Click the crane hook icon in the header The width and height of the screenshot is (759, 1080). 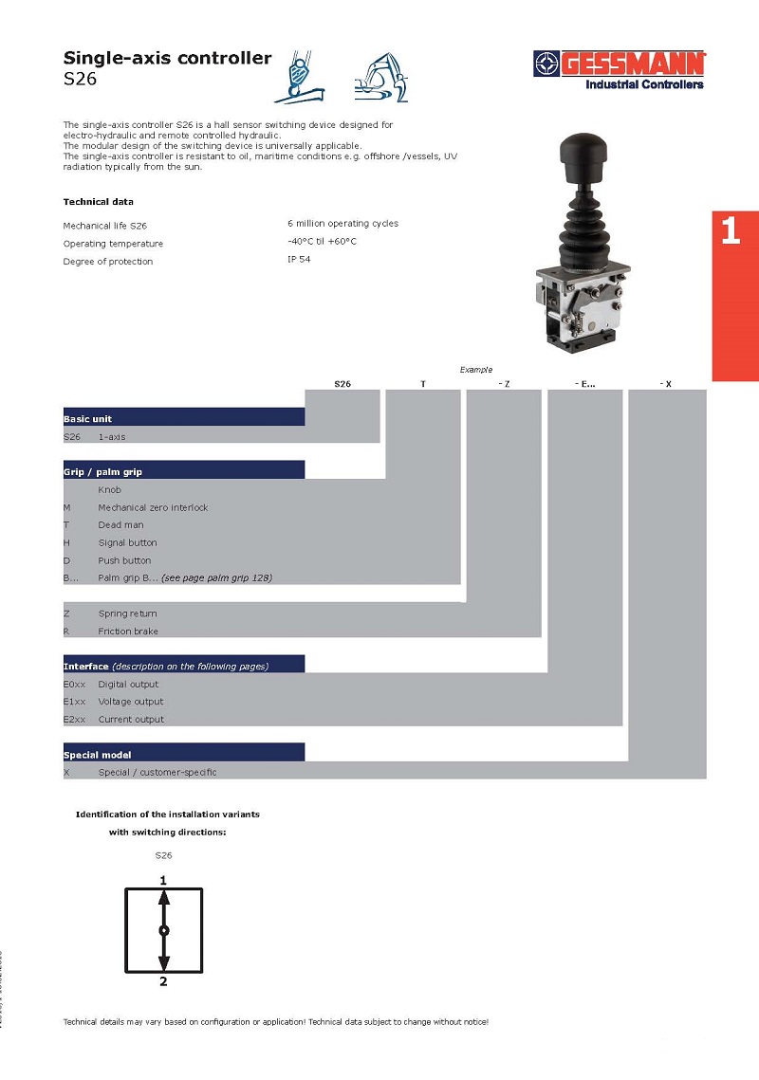(x=300, y=75)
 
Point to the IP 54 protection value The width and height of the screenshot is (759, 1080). (x=299, y=259)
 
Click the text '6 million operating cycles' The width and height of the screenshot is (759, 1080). (x=342, y=224)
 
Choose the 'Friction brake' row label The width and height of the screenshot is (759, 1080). (x=128, y=632)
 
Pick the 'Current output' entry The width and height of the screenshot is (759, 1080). (x=131, y=720)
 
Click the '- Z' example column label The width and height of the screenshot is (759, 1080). (x=503, y=383)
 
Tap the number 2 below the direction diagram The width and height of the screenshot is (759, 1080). (x=163, y=981)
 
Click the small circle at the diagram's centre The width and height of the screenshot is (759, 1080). (x=163, y=931)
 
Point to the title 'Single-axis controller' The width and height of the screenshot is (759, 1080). (x=167, y=59)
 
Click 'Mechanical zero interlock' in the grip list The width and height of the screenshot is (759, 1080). (x=153, y=507)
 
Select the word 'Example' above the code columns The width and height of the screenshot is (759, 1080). (x=476, y=369)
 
